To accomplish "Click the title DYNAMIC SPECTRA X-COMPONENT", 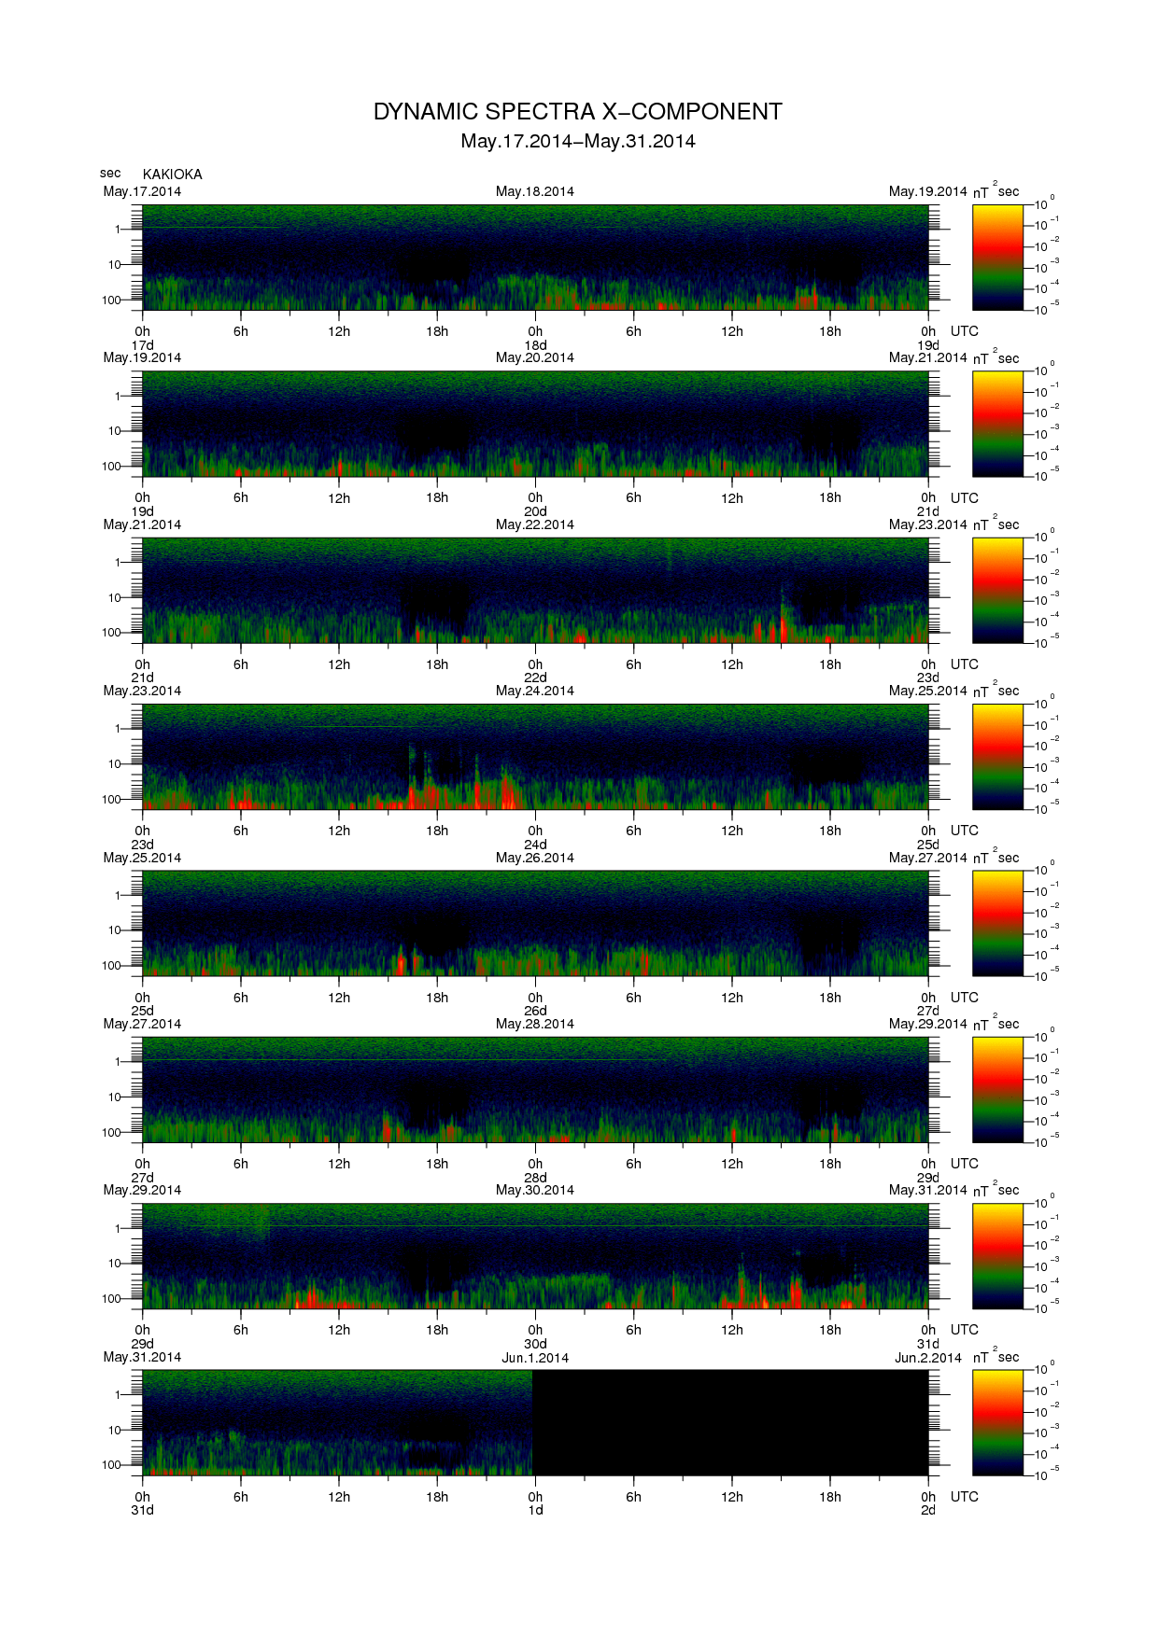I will point(577,112).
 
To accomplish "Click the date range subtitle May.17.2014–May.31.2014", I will point(577,142).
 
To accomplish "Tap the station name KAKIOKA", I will point(172,175).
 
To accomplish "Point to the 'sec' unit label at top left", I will point(110,173).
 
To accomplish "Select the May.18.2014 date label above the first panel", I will point(534,191).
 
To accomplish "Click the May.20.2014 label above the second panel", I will point(534,357).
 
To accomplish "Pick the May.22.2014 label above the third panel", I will point(534,524).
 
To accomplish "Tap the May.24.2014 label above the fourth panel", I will point(534,691).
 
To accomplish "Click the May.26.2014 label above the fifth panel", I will point(534,858).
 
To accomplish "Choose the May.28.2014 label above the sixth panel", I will point(534,1024).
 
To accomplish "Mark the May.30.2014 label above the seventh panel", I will point(534,1190).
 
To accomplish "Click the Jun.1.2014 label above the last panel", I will point(534,1358).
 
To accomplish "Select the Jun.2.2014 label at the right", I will point(927,1358).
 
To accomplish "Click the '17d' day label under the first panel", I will point(142,345).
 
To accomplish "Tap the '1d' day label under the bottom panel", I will point(535,1510).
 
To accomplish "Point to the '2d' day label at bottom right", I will point(927,1510).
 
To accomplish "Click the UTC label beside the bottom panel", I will point(964,1497).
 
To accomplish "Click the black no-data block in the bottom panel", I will point(730,1422).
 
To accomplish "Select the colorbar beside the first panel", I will point(997,258).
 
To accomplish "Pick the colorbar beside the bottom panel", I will point(997,1422).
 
